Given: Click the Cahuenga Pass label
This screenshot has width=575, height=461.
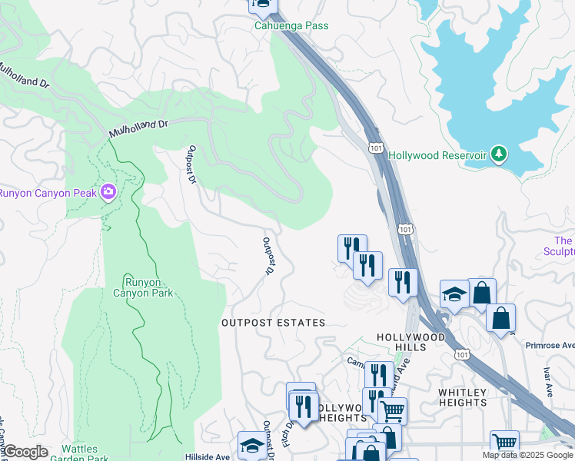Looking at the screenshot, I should coord(291,26).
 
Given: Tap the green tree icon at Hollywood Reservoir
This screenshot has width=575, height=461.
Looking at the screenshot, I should coord(500,154).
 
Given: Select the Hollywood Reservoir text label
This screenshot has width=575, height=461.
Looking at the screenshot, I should coord(437,155).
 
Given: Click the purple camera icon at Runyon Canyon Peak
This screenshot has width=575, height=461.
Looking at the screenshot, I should coord(109,191).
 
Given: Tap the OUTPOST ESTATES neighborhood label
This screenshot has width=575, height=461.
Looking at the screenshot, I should coord(273,323).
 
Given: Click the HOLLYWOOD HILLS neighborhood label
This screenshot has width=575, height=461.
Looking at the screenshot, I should coord(410,343).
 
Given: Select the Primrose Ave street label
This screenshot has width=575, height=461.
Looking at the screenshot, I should coord(550,345).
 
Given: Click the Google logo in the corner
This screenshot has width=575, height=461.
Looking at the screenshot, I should coord(25,452).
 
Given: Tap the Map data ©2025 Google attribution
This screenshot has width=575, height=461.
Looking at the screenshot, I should coord(527,455).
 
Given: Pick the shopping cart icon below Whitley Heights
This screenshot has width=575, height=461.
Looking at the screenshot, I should coord(504,443).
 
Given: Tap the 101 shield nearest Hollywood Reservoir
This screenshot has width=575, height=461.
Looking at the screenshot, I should coord(376,145).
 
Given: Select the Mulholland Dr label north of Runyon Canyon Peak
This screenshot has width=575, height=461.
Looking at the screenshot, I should coord(138,128).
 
